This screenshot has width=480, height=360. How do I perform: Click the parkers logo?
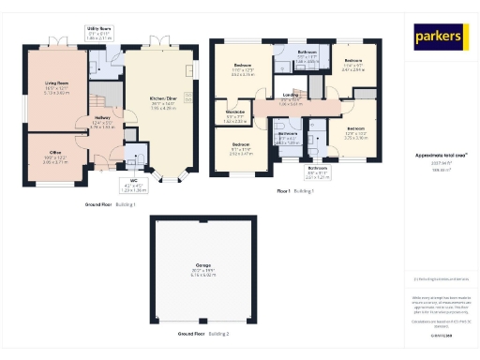440,37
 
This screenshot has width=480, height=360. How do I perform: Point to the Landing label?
291,98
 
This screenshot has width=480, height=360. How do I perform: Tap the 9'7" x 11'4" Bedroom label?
243,149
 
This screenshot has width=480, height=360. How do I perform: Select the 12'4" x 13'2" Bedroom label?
356,133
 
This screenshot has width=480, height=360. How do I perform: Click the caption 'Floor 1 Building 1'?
294,190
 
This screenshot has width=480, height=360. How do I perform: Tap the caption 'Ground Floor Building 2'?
203,334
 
